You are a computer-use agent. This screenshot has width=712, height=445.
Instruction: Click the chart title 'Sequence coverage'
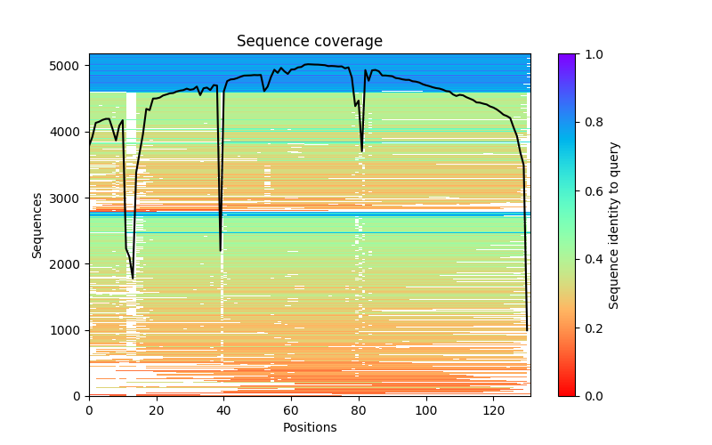[x=310, y=42]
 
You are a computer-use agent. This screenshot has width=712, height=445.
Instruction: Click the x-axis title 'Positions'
[x=310, y=427]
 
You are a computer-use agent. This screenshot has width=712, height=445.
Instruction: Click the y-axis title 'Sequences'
[x=37, y=224]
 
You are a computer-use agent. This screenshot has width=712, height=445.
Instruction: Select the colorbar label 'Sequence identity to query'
[x=614, y=225]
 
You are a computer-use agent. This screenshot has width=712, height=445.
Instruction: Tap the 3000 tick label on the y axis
[x=69, y=198]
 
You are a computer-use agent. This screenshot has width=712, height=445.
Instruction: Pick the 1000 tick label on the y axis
[x=69, y=330]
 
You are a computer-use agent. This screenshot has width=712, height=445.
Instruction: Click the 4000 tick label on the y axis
[x=69, y=132]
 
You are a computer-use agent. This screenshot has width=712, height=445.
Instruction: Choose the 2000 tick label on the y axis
[x=69, y=264]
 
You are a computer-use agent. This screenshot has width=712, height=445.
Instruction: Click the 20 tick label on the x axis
[x=157, y=409]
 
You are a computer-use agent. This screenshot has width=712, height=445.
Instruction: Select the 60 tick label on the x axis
[x=291, y=409]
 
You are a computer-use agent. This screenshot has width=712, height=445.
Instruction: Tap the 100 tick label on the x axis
[x=426, y=409]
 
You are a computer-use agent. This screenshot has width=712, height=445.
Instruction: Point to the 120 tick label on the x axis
[x=494, y=409]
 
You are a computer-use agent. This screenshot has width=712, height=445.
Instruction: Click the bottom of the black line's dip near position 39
[x=221, y=250]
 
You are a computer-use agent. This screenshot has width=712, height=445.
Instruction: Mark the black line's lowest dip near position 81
[x=362, y=150]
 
